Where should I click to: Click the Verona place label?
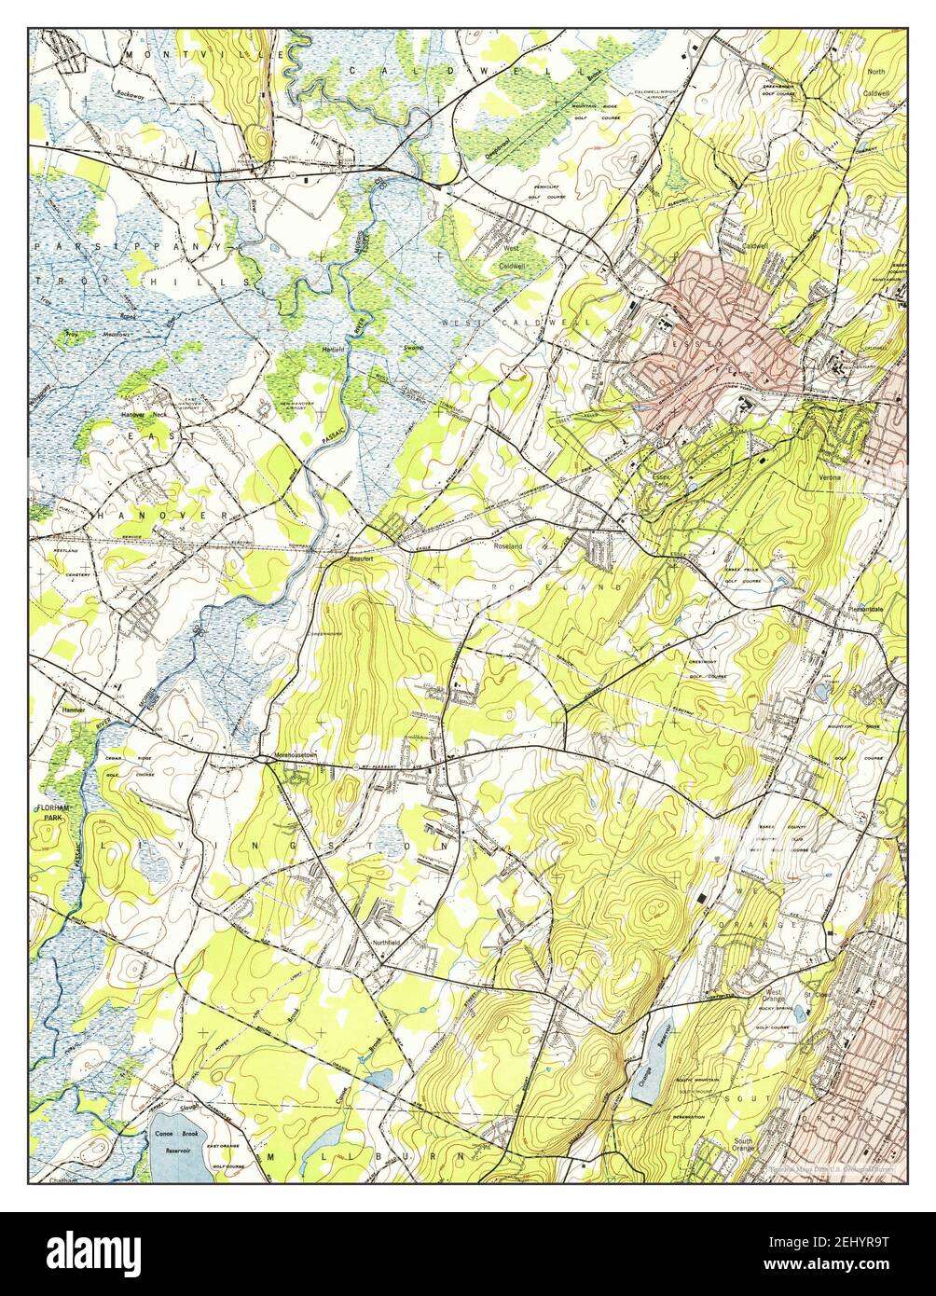tap(830, 476)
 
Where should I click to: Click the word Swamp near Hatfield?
tap(413, 347)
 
